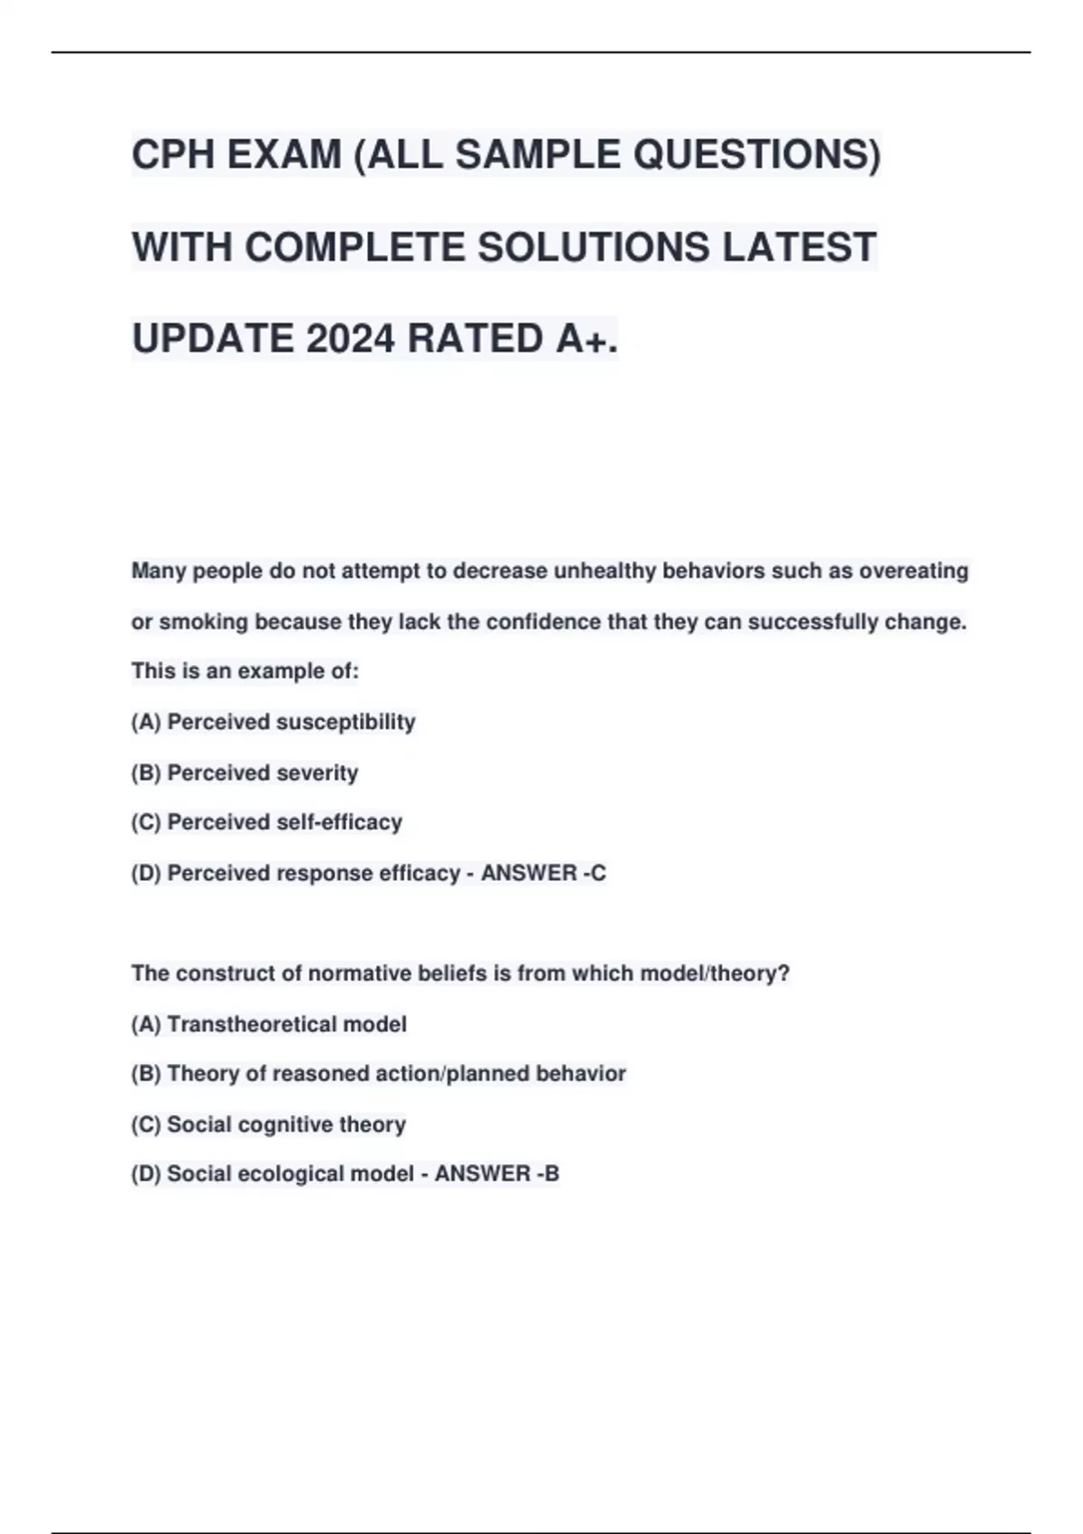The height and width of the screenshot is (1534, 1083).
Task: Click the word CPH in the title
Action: click(x=173, y=155)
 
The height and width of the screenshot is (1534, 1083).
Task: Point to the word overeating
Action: click(x=913, y=571)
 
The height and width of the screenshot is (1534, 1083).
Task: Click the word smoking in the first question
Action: click(x=203, y=622)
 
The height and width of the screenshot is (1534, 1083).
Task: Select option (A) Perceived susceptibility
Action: click(x=273, y=722)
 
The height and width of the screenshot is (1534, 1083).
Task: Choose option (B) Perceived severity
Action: click(x=245, y=772)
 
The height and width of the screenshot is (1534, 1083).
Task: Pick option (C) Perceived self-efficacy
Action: click(x=267, y=822)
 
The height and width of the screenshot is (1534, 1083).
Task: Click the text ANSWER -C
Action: click(x=543, y=873)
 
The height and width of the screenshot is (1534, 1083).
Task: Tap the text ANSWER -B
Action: click(x=497, y=1173)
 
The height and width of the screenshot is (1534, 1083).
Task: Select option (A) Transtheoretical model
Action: click(x=269, y=1024)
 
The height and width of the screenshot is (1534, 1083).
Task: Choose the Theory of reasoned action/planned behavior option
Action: click(x=378, y=1074)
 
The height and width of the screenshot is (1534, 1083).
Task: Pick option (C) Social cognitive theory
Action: click(x=269, y=1124)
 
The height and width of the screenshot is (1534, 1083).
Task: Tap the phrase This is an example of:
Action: click(x=245, y=671)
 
